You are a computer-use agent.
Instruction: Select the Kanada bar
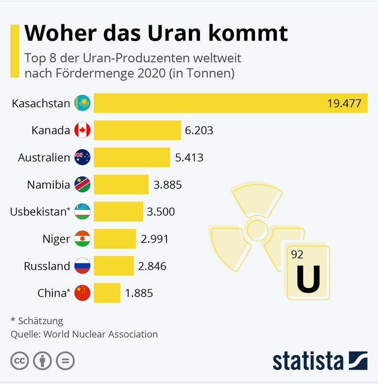(x=137, y=131)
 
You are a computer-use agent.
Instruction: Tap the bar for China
(x=107, y=293)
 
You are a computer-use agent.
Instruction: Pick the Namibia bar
(x=121, y=185)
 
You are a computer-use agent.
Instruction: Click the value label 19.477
(x=344, y=104)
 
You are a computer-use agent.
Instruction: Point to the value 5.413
(x=189, y=158)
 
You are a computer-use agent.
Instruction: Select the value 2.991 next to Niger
(x=154, y=239)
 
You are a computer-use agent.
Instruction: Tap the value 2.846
(x=152, y=266)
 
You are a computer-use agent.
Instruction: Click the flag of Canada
(x=82, y=131)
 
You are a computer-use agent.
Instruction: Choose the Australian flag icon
(x=82, y=158)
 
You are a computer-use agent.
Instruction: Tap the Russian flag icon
(x=82, y=266)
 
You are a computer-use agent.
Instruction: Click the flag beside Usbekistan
(x=82, y=212)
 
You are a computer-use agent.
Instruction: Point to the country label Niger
(x=56, y=239)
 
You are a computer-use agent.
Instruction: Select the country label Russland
(x=47, y=266)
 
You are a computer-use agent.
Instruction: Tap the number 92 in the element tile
(x=297, y=254)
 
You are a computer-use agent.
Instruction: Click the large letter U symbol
(x=308, y=279)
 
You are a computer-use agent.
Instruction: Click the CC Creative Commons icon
(x=20, y=361)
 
